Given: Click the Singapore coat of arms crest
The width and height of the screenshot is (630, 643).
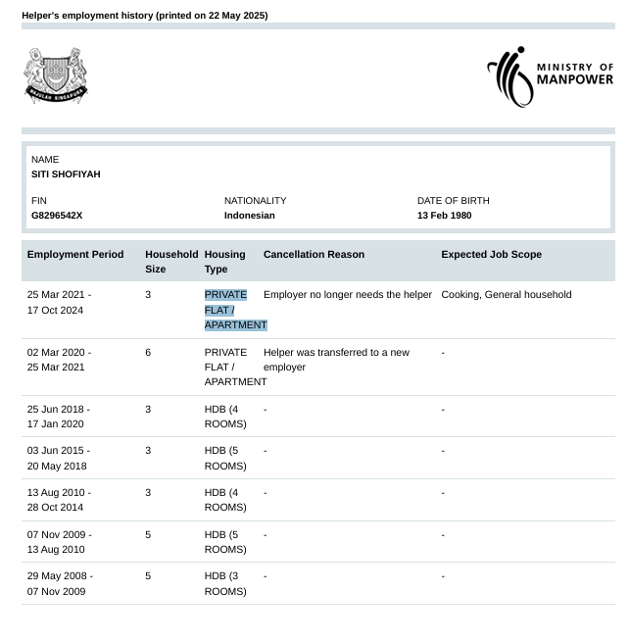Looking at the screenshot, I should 56,75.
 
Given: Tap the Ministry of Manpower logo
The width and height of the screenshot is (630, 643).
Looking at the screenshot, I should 550,75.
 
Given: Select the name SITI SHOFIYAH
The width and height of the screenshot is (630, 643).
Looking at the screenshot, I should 66,174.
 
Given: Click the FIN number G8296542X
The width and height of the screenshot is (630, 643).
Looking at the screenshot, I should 57,216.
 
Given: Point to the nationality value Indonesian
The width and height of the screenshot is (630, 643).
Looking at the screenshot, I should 250,216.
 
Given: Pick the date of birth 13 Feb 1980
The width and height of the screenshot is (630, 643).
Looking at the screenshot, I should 444,216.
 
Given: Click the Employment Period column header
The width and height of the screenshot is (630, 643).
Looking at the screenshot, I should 75,255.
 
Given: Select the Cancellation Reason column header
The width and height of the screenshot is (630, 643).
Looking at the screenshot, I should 314,255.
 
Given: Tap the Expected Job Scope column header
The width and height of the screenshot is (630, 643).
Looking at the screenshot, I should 491,255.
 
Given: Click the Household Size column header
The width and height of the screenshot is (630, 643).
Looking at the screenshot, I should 170,262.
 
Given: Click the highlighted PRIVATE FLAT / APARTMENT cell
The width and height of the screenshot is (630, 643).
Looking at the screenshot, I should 235,310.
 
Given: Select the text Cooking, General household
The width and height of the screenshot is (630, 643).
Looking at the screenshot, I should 506,295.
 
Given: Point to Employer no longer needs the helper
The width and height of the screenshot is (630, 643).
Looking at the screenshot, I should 348,295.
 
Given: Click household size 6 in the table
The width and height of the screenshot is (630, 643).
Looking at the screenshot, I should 148,353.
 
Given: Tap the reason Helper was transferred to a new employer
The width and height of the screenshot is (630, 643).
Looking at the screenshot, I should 336,360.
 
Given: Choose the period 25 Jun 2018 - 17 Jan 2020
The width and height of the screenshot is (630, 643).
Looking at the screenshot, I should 59,417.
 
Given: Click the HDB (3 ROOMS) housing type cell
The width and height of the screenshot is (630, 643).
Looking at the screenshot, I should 225,584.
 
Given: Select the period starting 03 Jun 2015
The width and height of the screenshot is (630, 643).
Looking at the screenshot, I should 59,458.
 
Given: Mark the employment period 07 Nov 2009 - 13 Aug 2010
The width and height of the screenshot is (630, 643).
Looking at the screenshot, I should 59,542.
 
